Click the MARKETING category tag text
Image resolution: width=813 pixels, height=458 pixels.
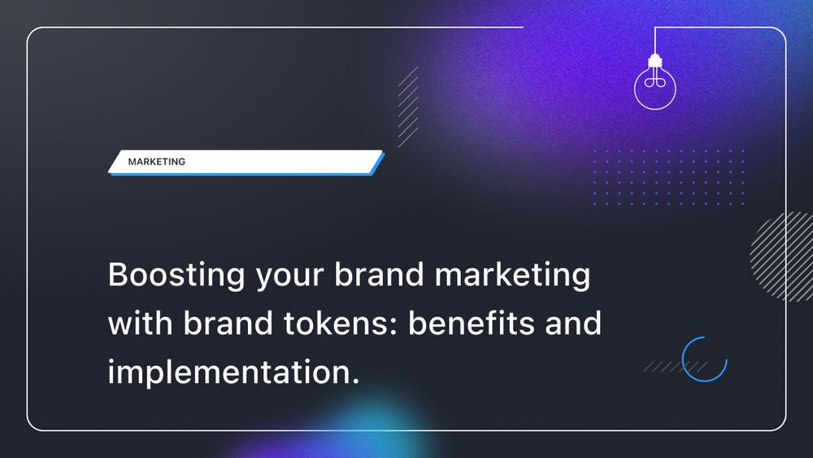[x=157, y=162]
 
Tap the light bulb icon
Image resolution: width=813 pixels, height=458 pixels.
[x=655, y=85]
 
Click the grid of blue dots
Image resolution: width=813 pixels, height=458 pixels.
[x=668, y=177]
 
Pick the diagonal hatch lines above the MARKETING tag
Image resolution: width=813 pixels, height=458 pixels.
[x=408, y=106]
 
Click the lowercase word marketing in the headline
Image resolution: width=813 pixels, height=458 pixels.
[x=512, y=277]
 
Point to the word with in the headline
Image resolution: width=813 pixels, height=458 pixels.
[x=139, y=324]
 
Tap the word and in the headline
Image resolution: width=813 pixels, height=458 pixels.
[x=575, y=324]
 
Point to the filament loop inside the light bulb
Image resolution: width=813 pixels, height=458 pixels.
[x=655, y=81]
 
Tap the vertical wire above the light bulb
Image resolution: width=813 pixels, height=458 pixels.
[x=655, y=41]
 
